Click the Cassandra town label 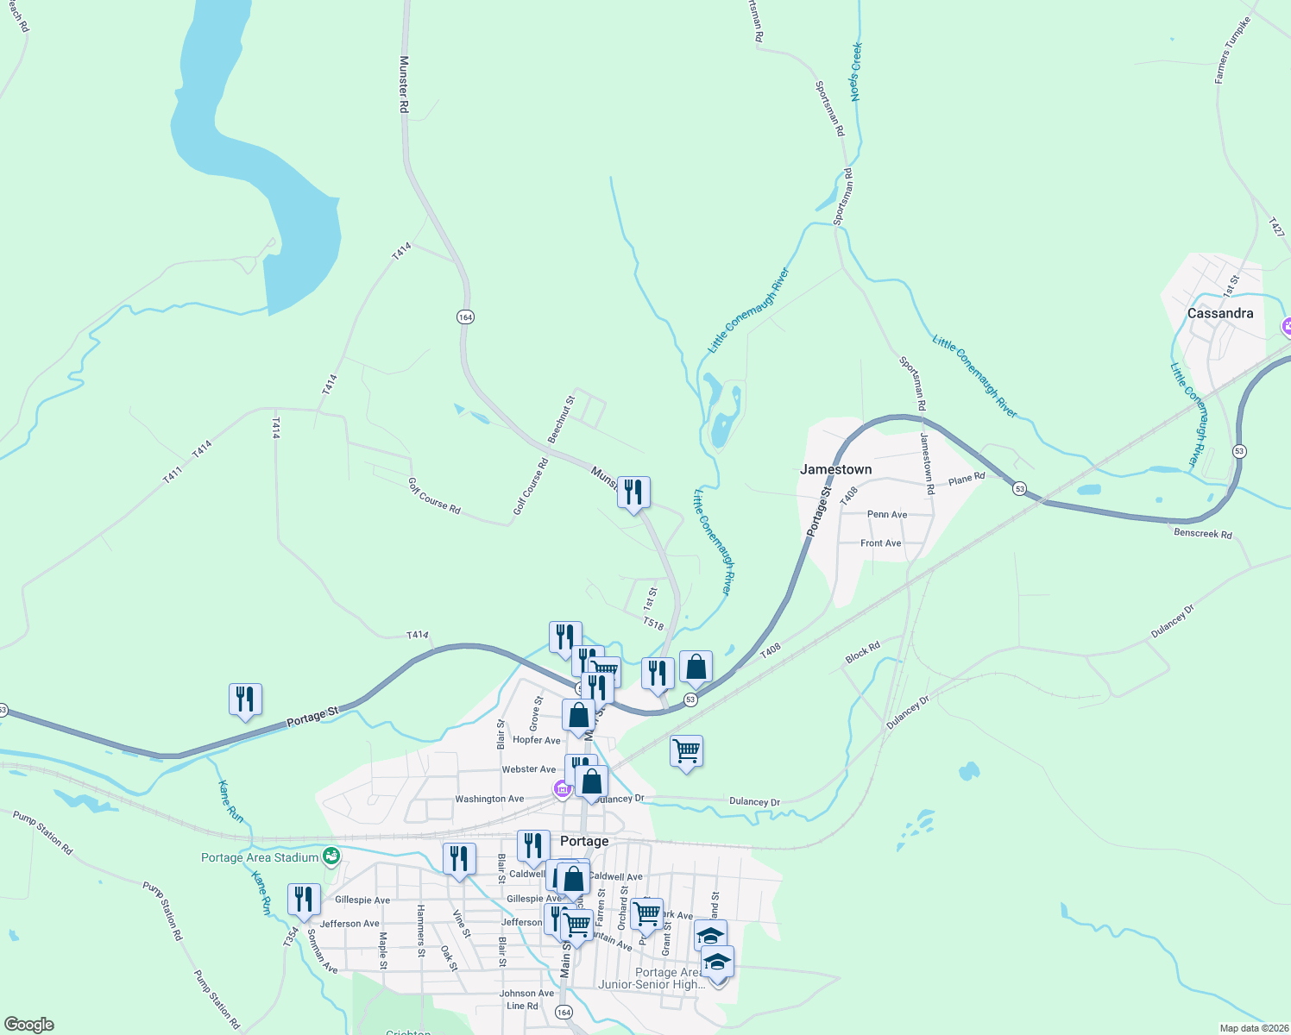(x=1219, y=313)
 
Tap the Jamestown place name (x=835, y=469)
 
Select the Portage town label (x=584, y=841)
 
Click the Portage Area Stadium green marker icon (x=331, y=856)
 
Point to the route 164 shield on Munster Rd (x=465, y=317)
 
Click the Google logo (x=28, y=1025)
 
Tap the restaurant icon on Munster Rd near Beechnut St (x=633, y=492)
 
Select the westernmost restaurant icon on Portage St (x=245, y=699)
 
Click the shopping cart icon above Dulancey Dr (x=686, y=751)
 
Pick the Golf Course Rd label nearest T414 (x=434, y=496)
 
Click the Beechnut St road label (x=561, y=420)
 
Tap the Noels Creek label (x=856, y=72)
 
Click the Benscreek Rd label (x=1203, y=533)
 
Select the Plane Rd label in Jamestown (x=967, y=479)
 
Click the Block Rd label (x=862, y=652)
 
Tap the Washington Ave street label (x=489, y=799)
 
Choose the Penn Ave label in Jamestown (x=887, y=514)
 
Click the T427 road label (x=1276, y=227)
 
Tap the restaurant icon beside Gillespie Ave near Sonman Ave (x=304, y=900)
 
